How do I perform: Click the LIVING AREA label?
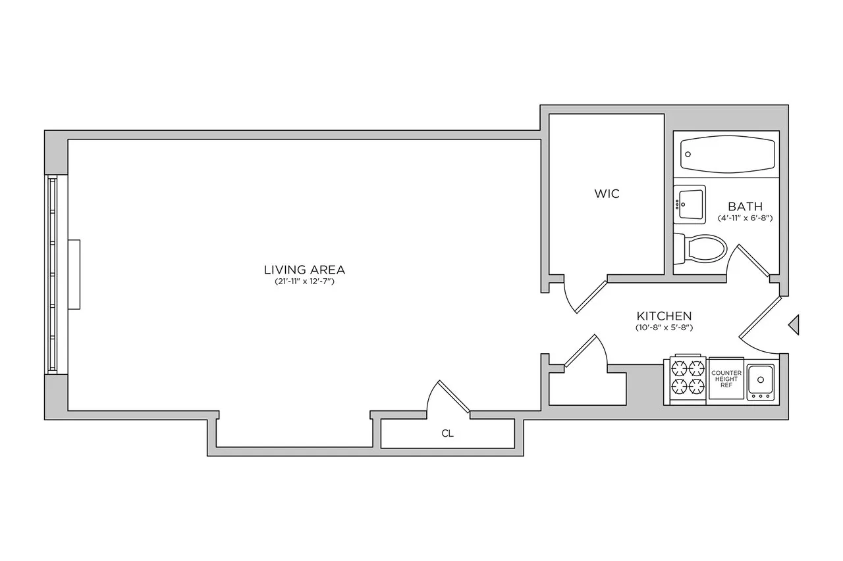(x=304, y=269)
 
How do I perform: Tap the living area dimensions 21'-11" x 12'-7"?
(x=304, y=281)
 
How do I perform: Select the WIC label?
(x=607, y=194)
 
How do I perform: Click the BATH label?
(x=745, y=207)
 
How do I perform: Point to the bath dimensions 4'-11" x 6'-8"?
(x=745, y=218)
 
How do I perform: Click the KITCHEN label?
(x=663, y=316)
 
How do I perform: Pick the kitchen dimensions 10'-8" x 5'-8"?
(x=663, y=327)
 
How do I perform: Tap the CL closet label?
(x=447, y=434)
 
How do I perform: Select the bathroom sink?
(x=689, y=204)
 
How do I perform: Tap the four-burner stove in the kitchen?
(x=688, y=380)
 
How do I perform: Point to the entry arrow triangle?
(x=794, y=324)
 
